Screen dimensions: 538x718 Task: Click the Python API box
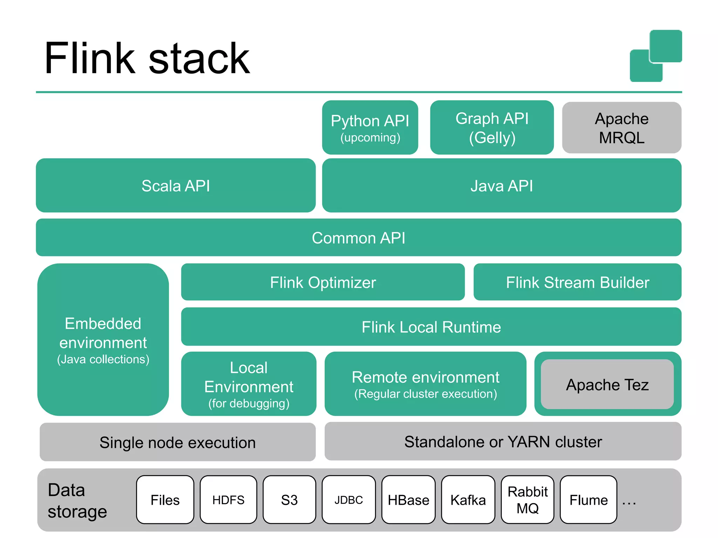(x=370, y=127)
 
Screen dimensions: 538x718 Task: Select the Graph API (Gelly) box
(x=492, y=127)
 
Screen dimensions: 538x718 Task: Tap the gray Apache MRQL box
(x=621, y=127)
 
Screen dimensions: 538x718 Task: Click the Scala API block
(x=175, y=185)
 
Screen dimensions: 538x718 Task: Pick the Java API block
(x=501, y=185)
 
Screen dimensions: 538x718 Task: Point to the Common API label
(x=358, y=238)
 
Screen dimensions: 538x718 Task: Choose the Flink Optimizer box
(x=323, y=282)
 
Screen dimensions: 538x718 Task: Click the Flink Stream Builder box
(x=577, y=282)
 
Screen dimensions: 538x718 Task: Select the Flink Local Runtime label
(x=431, y=327)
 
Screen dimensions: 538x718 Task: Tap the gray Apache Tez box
(x=607, y=384)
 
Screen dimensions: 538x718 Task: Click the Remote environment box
(x=425, y=384)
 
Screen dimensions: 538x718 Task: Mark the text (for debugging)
(x=249, y=403)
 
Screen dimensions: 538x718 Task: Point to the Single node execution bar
(x=177, y=442)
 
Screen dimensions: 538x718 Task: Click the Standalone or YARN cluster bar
(x=503, y=441)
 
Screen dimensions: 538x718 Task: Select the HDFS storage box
(x=228, y=499)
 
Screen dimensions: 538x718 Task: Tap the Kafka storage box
(x=468, y=499)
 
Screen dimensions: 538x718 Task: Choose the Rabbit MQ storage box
(x=527, y=499)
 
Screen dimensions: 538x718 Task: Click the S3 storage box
(x=289, y=499)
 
